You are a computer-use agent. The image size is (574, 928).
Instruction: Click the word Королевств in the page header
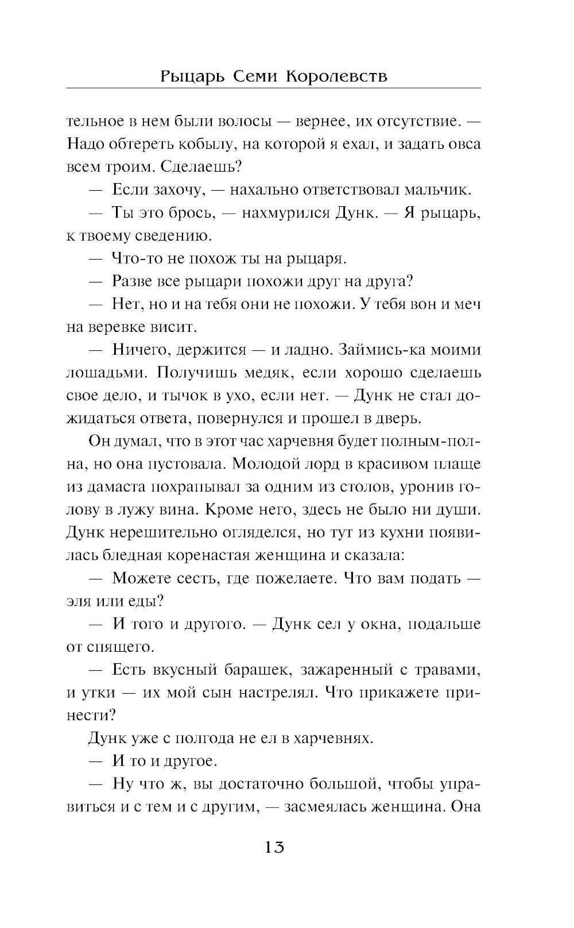pyautogui.click(x=335, y=76)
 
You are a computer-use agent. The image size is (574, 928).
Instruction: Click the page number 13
pyautogui.click(x=274, y=847)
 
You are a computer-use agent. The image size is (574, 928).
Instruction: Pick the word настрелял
pyautogui.click(x=271, y=693)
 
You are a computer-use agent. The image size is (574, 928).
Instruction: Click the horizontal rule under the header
pyautogui.click(x=274, y=88)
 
